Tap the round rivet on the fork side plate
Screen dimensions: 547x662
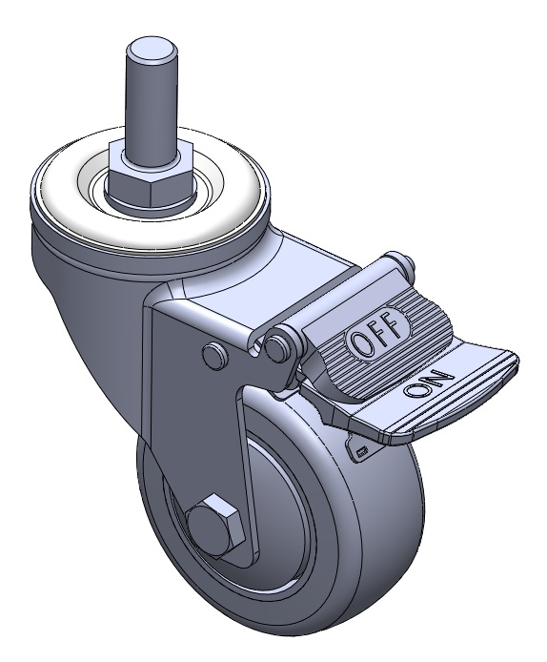(215, 352)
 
